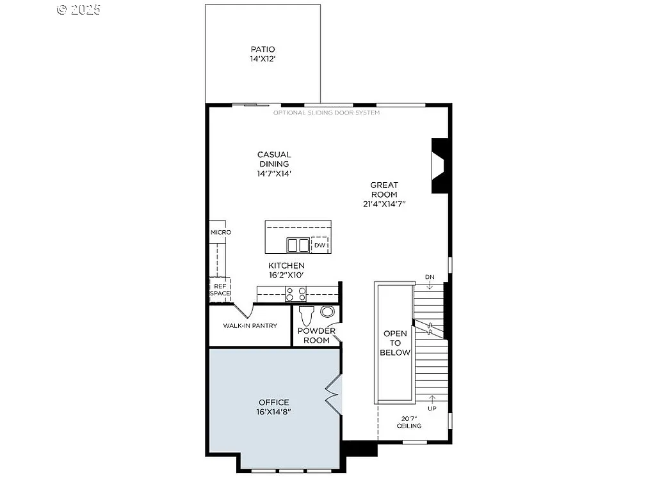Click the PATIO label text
click(263, 49)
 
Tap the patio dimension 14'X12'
click(263, 59)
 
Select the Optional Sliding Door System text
click(327, 113)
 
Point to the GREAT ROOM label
click(384, 190)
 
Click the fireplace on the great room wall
click(439, 166)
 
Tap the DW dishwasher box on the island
click(320, 245)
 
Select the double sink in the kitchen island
click(298, 245)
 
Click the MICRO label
click(220, 232)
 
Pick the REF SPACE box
click(220, 290)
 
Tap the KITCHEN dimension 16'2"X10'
click(286, 275)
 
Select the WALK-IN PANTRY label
click(250, 326)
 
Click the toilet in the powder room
click(306, 315)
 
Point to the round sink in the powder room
click(327, 312)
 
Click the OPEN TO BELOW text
click(395, 343)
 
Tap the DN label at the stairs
click(430, 277)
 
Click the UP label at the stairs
click(432, 408)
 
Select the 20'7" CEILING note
click(408, 422)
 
